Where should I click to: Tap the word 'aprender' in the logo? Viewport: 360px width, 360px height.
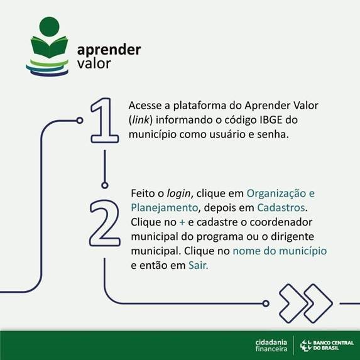tap(109, 50)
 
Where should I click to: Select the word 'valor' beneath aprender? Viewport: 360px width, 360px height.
tap(94, 63)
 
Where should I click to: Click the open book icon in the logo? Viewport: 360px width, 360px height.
tap(50, 47)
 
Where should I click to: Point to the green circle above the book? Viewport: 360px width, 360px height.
tap(50, 26)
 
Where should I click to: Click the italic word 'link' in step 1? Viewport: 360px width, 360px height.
tap(141, 119)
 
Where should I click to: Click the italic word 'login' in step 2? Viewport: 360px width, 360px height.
tap(178, 194)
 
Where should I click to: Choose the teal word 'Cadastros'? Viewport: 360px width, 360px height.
tap(281, 208)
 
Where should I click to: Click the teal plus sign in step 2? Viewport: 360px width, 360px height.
tap(182, 222)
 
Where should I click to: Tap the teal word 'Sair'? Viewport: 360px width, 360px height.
tap(197, 265)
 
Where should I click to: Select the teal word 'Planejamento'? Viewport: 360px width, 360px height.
tap(165, 208)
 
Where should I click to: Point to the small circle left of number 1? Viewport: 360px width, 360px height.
tap(80, 120)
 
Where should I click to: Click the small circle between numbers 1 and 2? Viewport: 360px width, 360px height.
tap(105, 185)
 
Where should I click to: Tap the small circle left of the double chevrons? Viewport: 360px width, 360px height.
tap(266, 303)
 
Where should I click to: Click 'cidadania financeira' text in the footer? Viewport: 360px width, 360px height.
tap(271, 346)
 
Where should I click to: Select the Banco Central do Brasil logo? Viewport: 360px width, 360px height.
tap(327, 346)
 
